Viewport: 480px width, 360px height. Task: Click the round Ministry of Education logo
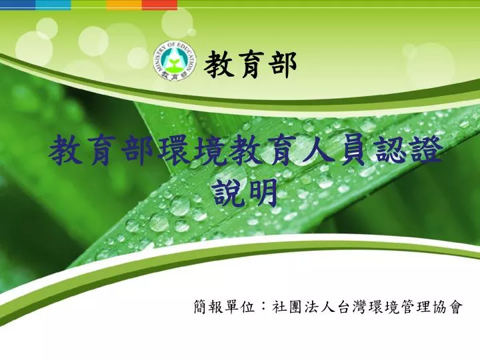pos(175,61)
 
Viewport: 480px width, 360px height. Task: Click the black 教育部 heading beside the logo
pos(251,64)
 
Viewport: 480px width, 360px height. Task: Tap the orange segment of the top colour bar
pos(124,4)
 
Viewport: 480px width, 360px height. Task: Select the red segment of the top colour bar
pos(159,4)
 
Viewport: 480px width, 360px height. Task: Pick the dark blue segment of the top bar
pos(18,4)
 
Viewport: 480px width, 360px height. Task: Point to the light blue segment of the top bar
pos(53,4)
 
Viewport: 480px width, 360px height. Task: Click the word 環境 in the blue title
pos(193,151)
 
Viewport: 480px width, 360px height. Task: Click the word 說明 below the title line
pos(246,193)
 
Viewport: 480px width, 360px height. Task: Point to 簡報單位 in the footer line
pos(225,307)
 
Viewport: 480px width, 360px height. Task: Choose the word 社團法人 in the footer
pos(303,307)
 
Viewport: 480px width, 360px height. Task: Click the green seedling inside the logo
pos(175,63)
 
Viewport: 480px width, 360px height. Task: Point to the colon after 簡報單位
pos(263,307)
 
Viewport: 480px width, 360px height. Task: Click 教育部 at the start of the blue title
pos(102,151)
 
